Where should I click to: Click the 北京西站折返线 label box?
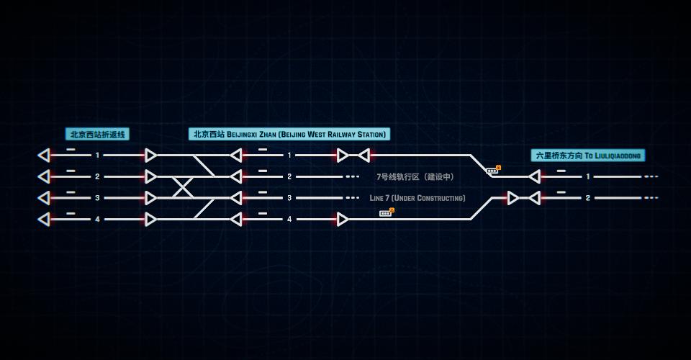point(97,135)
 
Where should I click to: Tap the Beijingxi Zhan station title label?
point(289,134)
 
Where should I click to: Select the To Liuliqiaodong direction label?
point(588,156)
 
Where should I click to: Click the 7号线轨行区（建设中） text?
point(415,176)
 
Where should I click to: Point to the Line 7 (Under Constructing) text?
point(417,198)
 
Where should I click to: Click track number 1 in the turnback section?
point(97,155)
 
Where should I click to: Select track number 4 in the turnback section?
point(97,219)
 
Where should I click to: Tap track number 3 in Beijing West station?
point(289,198)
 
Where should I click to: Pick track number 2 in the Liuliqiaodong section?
point(588,198)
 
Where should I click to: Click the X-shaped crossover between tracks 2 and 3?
point(182,187)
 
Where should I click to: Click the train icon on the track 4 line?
point(387,213)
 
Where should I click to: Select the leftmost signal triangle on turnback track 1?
point(44,155)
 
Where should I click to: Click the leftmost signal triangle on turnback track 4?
point(44,219)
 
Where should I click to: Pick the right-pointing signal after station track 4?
point(343,219)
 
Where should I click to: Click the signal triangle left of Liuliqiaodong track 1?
point(535,176)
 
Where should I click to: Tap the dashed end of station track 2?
point(352,176)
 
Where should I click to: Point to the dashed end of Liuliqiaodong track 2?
point(651,198)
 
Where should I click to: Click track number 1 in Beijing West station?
point(289,155)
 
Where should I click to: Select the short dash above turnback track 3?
point(71,192)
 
